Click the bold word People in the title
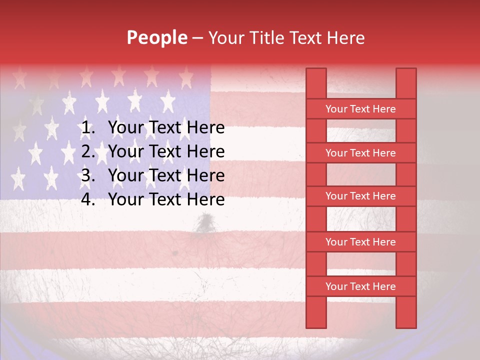(x=157, y=37)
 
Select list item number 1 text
(x=166, y=128)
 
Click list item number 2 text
(x=166, y=151)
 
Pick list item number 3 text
(x=166, y=175)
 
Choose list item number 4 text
(x=166, y=199)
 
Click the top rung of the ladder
(x=360, y=109)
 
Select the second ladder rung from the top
(x=360, y=153)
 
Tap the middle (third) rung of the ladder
(x=360, y=196)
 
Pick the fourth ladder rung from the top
(x=360, y=242)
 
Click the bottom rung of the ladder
(x=360, y=286)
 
